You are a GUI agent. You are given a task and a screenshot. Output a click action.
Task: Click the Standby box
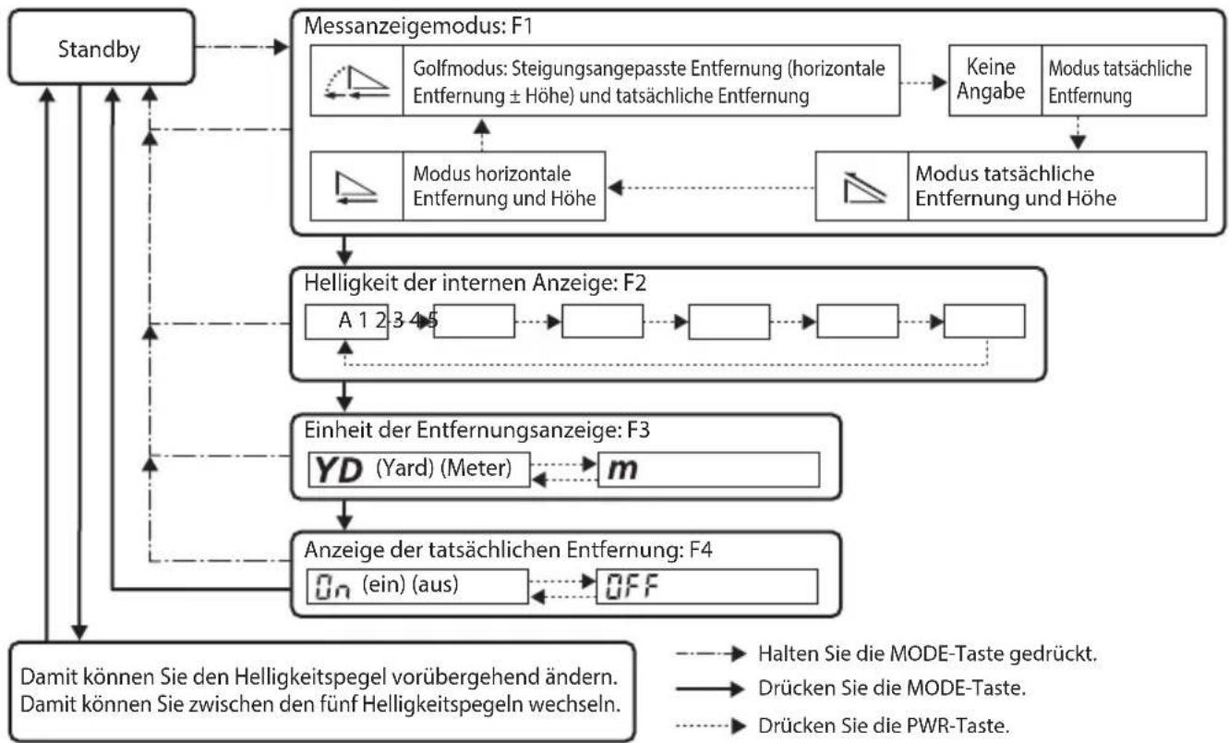pos(102,48)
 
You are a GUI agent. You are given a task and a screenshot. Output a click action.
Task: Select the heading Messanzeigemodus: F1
pos(418,27)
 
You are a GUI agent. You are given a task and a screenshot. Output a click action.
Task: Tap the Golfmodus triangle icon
pos(356,82)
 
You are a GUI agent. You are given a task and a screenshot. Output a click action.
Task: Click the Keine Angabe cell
pos(991,79)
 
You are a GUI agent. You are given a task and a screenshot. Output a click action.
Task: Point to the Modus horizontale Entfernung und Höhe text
pos(504,186)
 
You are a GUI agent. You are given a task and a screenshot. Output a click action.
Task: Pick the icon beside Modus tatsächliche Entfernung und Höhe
pos(863,188)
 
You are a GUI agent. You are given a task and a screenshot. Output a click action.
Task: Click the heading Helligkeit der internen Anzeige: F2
pos(476,283)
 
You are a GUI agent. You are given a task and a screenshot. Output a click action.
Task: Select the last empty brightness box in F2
pos(984,322)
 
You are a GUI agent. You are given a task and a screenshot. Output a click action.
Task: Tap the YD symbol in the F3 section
pos(339,470)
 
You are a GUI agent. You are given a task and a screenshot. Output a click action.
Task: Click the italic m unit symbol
pos(622,469)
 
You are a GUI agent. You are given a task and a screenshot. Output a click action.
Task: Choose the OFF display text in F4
pos(632,587)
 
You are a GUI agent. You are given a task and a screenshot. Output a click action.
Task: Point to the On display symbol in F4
pos(332,587)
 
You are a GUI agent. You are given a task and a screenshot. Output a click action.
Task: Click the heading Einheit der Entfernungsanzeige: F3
pos(476,430)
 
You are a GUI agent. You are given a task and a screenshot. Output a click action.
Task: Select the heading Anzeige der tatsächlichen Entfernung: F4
pos(508,550)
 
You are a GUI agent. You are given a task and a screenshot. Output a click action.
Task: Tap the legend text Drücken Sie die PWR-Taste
pos(884,726)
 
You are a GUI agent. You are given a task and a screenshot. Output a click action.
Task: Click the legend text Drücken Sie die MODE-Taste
pos(892,688)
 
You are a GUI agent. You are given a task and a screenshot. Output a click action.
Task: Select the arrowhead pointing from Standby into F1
pos(281,47)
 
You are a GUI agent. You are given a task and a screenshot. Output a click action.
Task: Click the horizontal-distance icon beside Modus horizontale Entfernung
pos(356,188)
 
